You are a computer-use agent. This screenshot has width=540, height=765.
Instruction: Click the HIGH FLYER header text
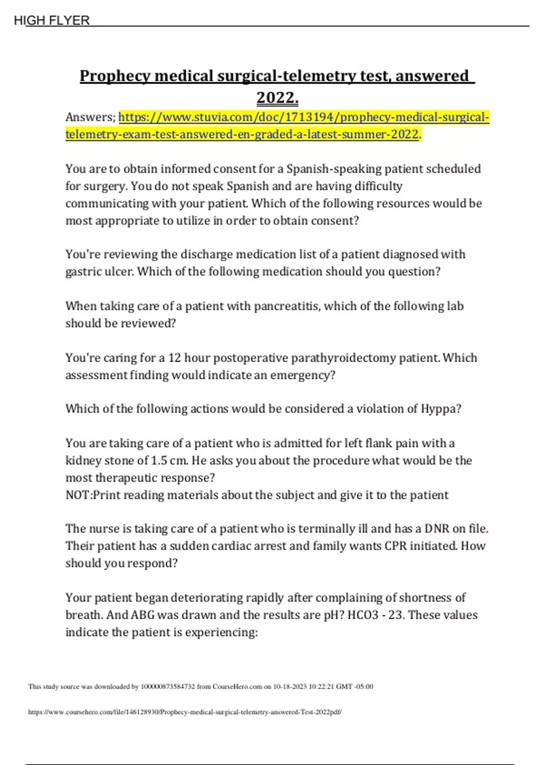(52, 20)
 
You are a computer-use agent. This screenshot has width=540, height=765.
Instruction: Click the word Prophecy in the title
(114, 76)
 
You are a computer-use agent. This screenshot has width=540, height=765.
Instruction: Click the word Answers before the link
(90, 117)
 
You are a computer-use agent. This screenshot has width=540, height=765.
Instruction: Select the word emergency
(302, 375)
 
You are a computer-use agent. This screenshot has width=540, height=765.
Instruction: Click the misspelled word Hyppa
(440, 409)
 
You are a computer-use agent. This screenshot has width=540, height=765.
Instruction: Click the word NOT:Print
(93, 495)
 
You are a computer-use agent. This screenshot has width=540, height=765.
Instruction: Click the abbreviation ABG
(142, 615)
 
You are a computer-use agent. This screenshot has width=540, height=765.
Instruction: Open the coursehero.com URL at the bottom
(184, 712)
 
